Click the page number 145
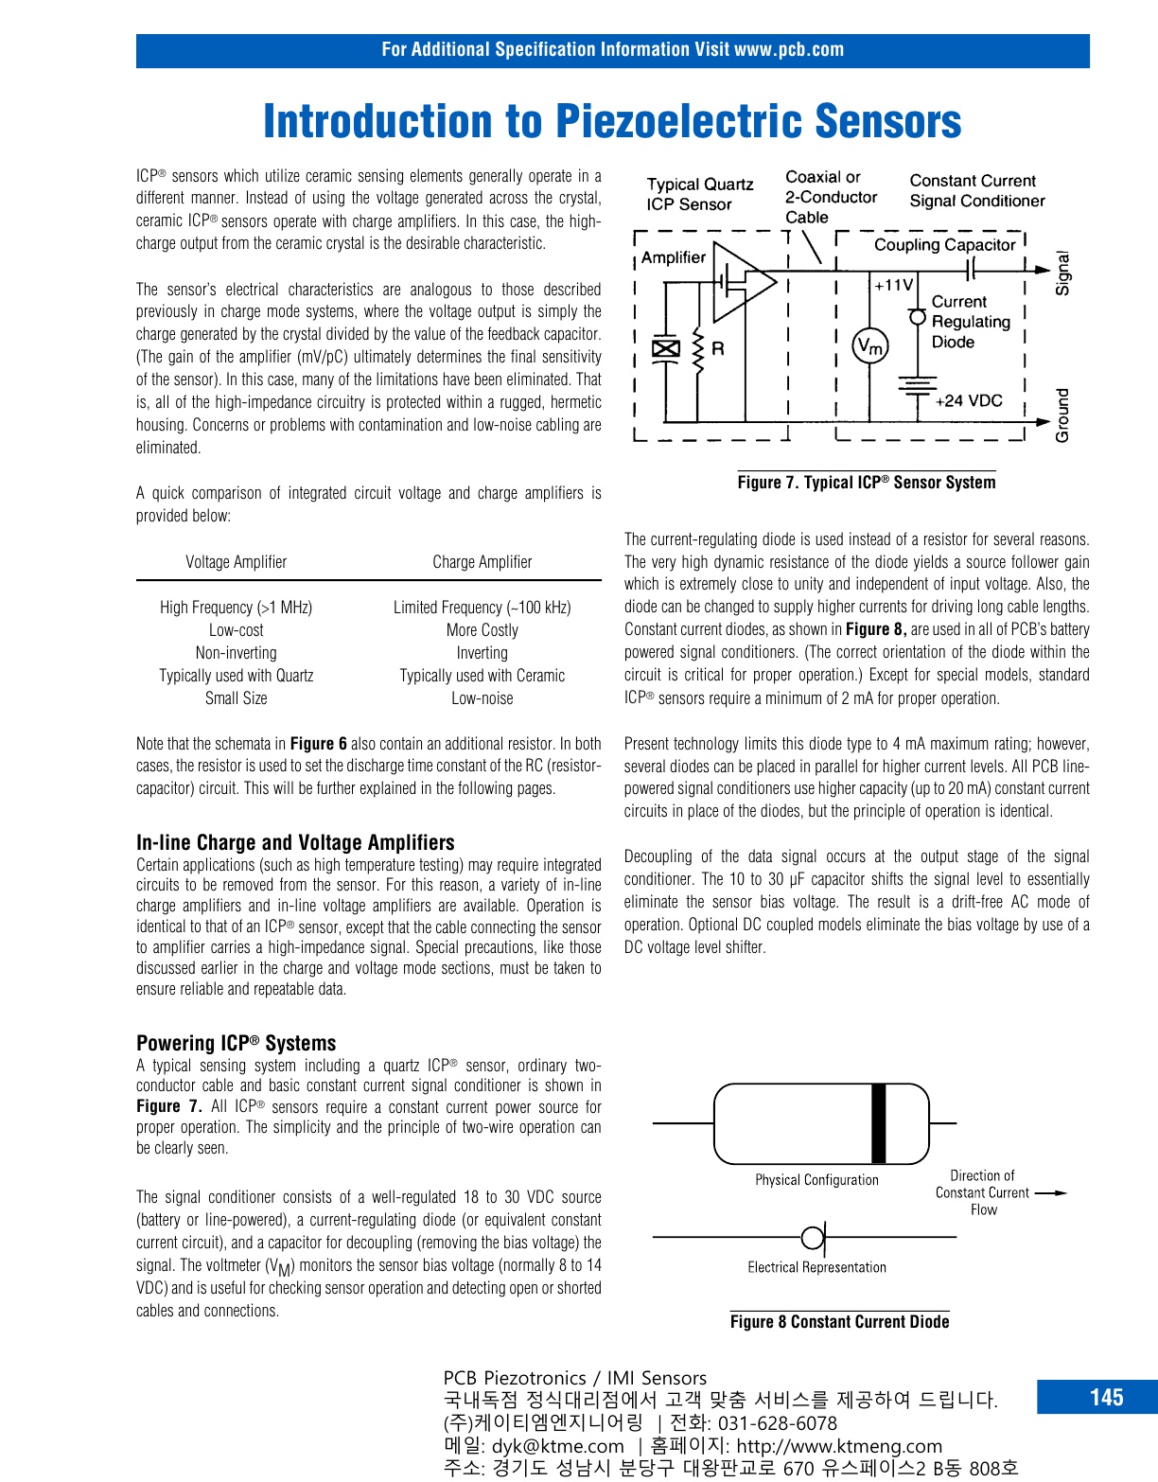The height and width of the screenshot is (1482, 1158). (x=1106, y=1398)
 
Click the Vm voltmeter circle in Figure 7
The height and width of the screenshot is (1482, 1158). (x=869, y=347)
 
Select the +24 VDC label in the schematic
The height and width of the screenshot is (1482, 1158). (x=968, y=400)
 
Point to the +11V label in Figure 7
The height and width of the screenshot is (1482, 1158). (x=893, y=285)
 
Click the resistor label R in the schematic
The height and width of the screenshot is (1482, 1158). (x=718, y=348)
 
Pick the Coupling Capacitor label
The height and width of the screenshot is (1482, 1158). (x=944, y=245)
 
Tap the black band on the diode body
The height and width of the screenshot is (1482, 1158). (x=879, y=1123)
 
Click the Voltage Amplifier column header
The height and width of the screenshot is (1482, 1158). (x=236, y=562)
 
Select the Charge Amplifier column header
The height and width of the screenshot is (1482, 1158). (x=482, y=562)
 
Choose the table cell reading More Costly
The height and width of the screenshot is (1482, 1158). (x=482, y=630)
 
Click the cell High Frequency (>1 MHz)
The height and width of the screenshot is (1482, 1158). (x=236, y=608)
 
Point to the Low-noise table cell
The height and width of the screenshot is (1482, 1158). (x=482, y=698)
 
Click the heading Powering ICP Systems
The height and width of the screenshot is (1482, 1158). (x=236, y=1043)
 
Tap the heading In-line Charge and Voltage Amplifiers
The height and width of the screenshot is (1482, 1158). (x=295, y=842)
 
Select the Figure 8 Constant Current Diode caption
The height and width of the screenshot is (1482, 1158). (x=839, y=1322)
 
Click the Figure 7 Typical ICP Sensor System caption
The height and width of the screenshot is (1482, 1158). (x=867, y=483)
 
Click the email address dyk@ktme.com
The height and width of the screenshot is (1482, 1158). (x=558, y=1446)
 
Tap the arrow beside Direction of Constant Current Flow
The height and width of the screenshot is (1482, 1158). (x=1051, y=1193)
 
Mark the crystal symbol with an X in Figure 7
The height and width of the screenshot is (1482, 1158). (x=666, y=348)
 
